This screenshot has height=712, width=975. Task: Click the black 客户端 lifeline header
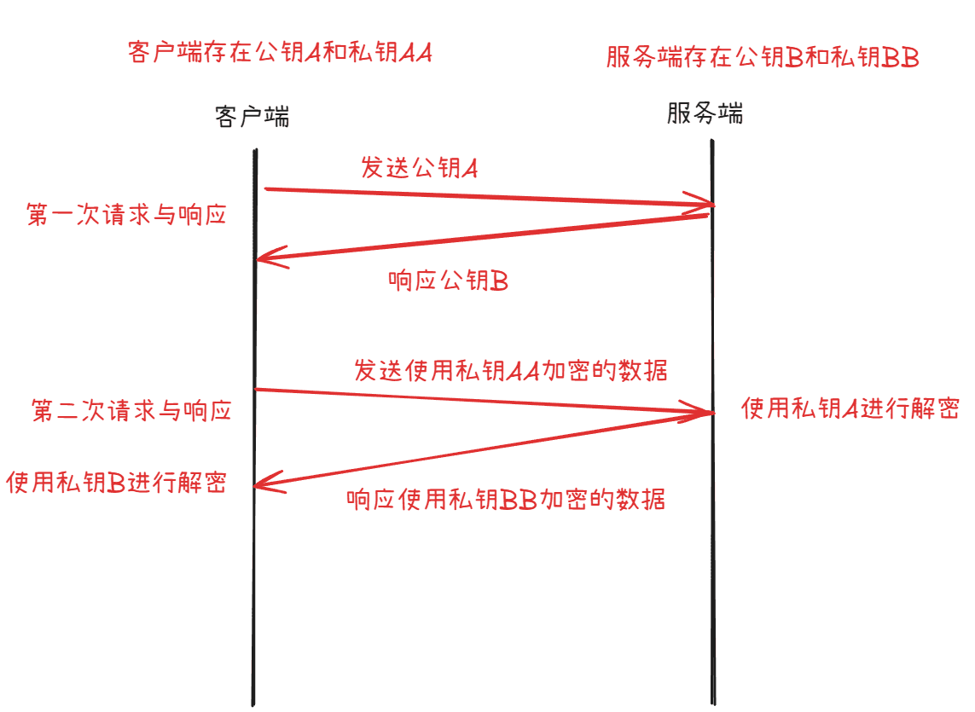click(x=252, y=116)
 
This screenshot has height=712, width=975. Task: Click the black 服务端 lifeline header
click(x=705, y=113)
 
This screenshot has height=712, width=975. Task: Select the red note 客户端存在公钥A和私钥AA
click(x=280, y=52)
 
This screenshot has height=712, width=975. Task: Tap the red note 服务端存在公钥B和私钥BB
click(x=763, y=57)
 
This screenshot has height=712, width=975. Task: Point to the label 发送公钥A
click(x=420, y=168)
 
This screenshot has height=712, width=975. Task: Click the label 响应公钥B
click(x=449, y=281)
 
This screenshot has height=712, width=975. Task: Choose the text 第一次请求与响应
click(x=126, y=215)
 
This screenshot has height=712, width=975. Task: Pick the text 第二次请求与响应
click(x=131, y=410)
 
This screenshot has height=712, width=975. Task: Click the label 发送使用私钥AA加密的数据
click(x=511, y=371)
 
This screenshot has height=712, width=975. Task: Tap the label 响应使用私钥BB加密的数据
click(x=506, y=500)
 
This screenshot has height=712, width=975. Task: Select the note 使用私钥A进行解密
click(x=850, y=408)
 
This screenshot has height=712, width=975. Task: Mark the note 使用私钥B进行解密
click(x=116, y=483)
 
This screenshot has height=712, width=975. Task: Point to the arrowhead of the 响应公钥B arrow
click(x=257, y=258)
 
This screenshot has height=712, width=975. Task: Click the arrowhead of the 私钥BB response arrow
click(x=254, y=485)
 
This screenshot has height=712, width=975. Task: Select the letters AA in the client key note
click(x=415, y=53)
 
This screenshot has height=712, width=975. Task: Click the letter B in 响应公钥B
click(x=500, y=281)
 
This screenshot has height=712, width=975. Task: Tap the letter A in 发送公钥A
click(x=470, y=169)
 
